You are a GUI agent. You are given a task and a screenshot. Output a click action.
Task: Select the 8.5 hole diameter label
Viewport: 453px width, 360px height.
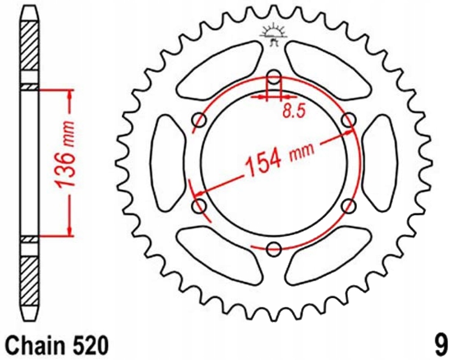pos(294,111)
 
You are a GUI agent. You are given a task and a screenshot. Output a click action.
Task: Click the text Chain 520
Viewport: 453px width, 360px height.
pos(57,345)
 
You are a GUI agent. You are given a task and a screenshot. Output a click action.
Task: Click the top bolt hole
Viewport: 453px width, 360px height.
pos(274,77)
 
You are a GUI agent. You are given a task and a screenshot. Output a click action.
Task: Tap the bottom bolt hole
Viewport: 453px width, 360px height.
pos(274,249)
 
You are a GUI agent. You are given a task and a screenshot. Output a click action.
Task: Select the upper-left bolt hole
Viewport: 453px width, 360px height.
pos(199,119)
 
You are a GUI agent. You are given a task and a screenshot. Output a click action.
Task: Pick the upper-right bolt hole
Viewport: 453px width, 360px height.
pos(349,119)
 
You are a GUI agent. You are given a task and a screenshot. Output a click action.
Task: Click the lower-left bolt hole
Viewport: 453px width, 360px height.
pos(199,206)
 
